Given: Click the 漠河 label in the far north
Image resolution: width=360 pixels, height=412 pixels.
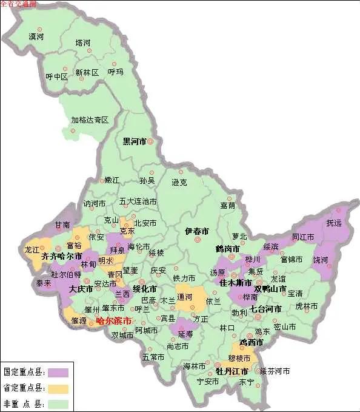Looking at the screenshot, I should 36,37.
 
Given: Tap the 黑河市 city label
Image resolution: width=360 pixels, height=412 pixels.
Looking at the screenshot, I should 135,141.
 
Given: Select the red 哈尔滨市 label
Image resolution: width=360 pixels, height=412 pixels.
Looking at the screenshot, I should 113,321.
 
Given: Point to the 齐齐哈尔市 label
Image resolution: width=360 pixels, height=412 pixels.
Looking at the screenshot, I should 62,257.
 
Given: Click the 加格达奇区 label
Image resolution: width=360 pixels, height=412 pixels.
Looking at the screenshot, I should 90,120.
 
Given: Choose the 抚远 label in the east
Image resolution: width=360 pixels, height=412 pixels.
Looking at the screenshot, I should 334,223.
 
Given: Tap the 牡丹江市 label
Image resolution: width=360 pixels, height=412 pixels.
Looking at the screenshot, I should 232,371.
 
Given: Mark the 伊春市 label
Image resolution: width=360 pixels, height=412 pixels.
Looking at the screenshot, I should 197,231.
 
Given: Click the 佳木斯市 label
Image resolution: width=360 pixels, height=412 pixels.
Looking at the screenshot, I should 236,283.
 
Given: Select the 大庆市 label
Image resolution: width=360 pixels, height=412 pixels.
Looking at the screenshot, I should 81,289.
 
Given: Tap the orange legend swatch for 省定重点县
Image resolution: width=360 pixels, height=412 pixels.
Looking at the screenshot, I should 58,387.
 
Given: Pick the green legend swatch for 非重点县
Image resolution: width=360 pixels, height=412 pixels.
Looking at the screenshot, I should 58,402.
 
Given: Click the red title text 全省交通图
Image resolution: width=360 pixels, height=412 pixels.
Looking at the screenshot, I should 18,4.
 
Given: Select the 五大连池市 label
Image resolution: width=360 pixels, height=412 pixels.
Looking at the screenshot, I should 138,201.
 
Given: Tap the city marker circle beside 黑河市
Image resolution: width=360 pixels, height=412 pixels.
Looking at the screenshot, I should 151,141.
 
